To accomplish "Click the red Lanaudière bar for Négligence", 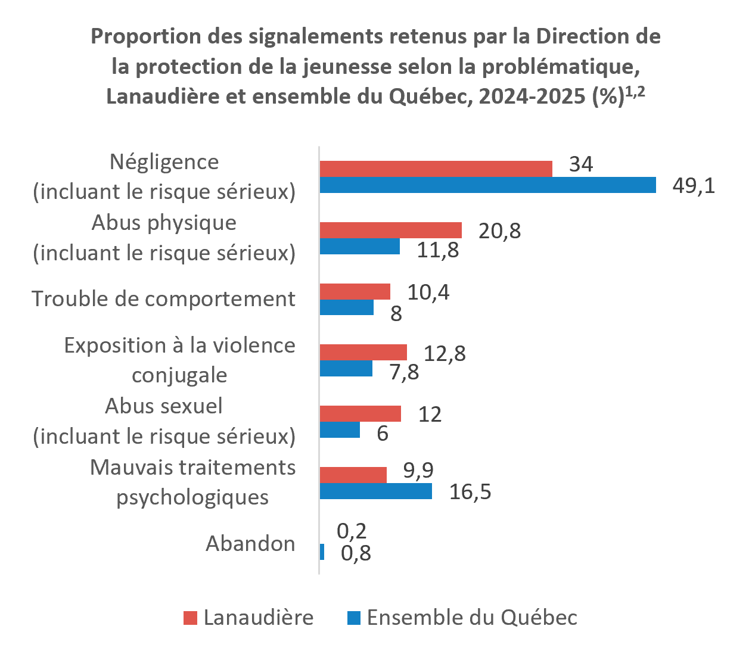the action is (x=436, y=169).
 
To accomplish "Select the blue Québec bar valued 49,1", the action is (x=488, y=185).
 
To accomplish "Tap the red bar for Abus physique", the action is (x=391, y=230).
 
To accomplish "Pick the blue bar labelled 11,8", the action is (x=360, y=246).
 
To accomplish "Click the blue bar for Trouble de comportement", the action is (x=347, y=307).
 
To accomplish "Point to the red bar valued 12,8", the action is (x=363, y=353).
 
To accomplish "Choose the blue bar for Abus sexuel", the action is (x=340, y=429).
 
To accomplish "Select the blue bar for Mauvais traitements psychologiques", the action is (x=375, y=491).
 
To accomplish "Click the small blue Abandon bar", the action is (x=322, y=552).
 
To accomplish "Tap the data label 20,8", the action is (x=499, y=231).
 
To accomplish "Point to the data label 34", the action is (x=581, y=164).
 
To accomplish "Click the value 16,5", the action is (x=470, y=491).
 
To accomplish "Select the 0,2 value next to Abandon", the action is (x=352, y=531).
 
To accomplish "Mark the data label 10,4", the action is (x=428, y=293).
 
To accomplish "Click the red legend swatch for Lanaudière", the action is (x=191, y=618).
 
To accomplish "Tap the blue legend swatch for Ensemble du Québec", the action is (x=354, y=618).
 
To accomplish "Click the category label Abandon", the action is (x=250, y=543).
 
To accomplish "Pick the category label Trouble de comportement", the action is (x=163, y=298).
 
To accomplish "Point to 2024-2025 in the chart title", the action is (x=532, y=96).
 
